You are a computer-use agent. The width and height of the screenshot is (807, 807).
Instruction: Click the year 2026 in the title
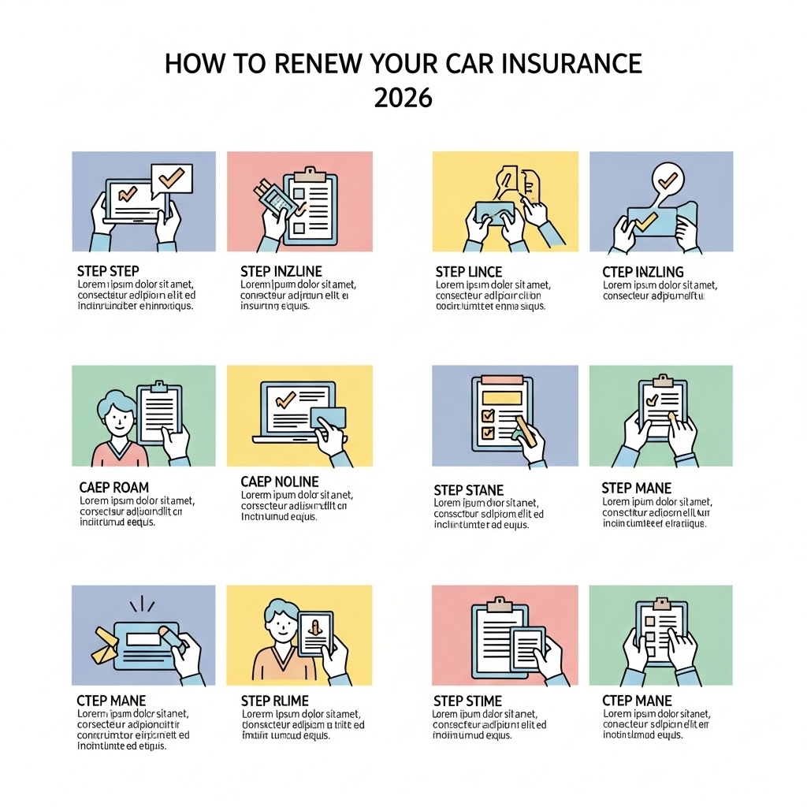pos(403,98)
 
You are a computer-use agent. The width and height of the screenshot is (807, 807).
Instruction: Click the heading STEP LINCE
pos(469,272)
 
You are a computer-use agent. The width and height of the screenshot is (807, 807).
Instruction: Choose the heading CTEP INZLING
pos(642,272)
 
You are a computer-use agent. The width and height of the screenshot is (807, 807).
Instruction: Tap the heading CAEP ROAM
pos(113,488)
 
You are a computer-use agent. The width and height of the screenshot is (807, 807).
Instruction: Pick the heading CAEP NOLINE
pos(280,481)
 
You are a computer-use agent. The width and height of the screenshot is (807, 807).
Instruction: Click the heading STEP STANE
pos(469,490)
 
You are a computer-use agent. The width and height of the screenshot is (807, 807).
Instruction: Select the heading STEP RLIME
pos(274,701)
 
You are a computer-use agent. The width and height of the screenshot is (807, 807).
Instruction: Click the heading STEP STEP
pos(109,271)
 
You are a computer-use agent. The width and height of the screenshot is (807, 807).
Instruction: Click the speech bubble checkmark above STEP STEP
pos(171,178)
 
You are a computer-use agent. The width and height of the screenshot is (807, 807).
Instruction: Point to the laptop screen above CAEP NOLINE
pos(288,407)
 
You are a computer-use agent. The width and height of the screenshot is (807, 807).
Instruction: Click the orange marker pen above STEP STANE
pos(525,434)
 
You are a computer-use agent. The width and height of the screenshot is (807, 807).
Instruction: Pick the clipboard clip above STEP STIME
pos(497,605)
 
